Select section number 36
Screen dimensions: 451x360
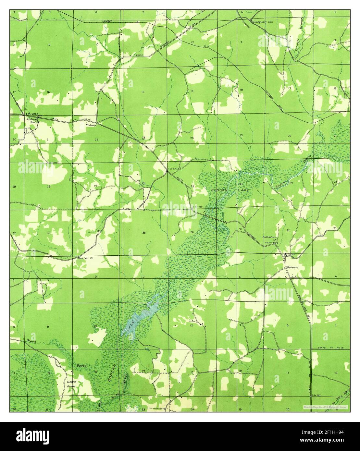(x=192, y=232)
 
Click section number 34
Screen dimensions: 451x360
(x=98, y=231)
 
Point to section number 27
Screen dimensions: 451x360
(x=96, y=186)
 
